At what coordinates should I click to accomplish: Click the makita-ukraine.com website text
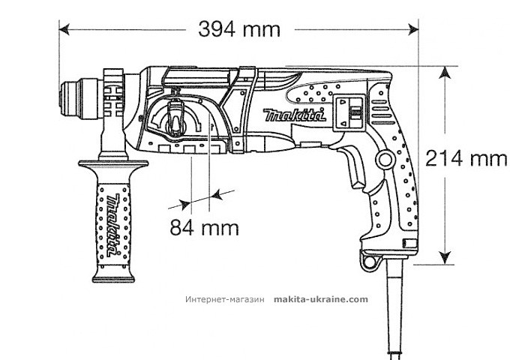[322, 298]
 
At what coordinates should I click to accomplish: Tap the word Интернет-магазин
[225, 298]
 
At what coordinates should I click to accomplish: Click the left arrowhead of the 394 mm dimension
[64, 29]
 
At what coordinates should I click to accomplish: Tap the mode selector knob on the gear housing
[175, 120]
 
